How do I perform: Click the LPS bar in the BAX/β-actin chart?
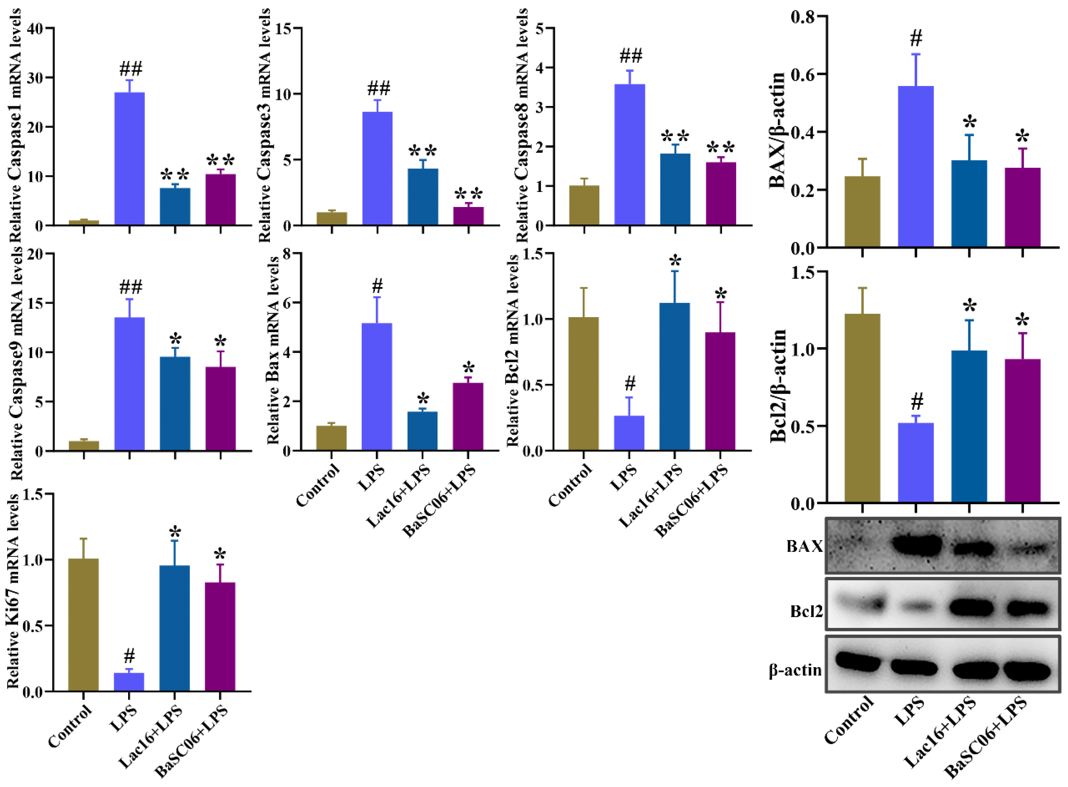pos(915,166)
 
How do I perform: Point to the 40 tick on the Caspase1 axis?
pos(37,29)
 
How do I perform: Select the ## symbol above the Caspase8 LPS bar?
pos(630,56)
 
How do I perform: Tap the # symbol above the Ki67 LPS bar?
pos(129,657)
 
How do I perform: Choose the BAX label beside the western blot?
pos(805,547)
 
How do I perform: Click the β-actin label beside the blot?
pos(795,670)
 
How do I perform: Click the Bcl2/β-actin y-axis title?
pos(778,386)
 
